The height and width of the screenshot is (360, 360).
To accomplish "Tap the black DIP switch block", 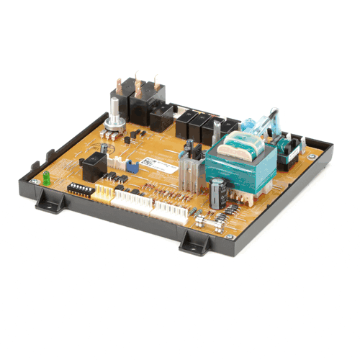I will pyautogui.click(x=81, y=189).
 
